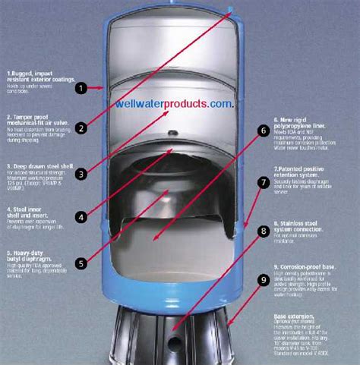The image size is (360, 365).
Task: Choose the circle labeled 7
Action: [264, 182]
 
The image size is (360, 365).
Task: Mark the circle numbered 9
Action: [264, 280]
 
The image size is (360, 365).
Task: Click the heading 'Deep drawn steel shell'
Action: [35, 165]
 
